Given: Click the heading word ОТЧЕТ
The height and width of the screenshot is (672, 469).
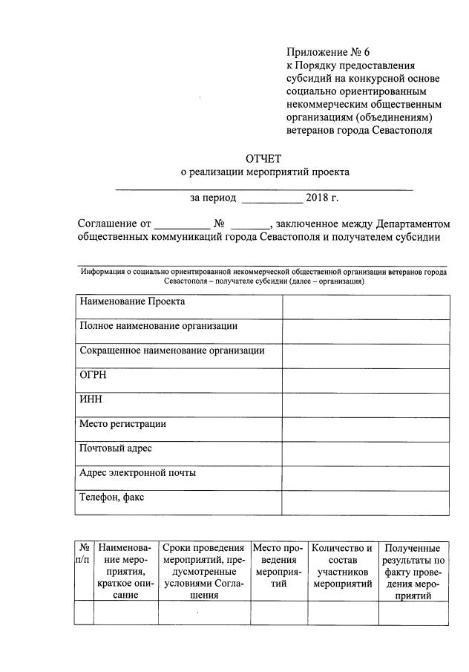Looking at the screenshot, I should pyautogui.click(x=264, y=157).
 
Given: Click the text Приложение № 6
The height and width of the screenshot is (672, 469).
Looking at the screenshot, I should pyautogui.click(x=327, y=52).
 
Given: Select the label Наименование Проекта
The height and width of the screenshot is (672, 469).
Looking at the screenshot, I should pyautogui.click(x=132, y=302).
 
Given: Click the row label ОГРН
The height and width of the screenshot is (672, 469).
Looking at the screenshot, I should pyautogui.click(x=94, y=375).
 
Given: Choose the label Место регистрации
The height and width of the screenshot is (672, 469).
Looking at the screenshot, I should pyautogui.click(x=122, y=424).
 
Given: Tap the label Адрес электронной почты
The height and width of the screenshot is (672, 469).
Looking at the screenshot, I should pyautogui.click(x=137, y=473).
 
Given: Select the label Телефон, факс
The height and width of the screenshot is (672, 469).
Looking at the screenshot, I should pyautogui.click(x=111, y=498).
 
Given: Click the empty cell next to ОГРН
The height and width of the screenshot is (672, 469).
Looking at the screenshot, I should pyautogui.click(x=365, y=381).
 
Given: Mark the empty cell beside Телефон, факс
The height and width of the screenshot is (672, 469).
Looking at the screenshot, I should pyautogui.click(x=365, y=503).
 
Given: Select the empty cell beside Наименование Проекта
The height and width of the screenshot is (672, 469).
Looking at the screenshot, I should pyautogui.click(x=365, y=307).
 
